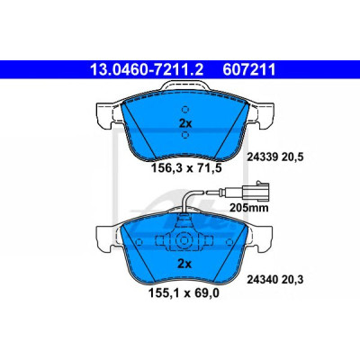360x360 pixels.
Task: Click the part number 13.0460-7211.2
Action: (147, 69)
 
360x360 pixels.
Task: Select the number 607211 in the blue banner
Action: (249, 69)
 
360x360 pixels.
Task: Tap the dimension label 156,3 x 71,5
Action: (186, 168)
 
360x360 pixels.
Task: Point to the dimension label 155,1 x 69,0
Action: (184, 292)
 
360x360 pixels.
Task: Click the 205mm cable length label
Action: (249, 207)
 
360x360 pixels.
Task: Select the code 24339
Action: (262, 157)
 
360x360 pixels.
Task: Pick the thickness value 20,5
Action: (292, 157)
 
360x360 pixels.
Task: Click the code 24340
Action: (262, 280)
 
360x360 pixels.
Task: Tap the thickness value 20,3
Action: (292, 280)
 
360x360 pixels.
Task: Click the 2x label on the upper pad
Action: (185, 123)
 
